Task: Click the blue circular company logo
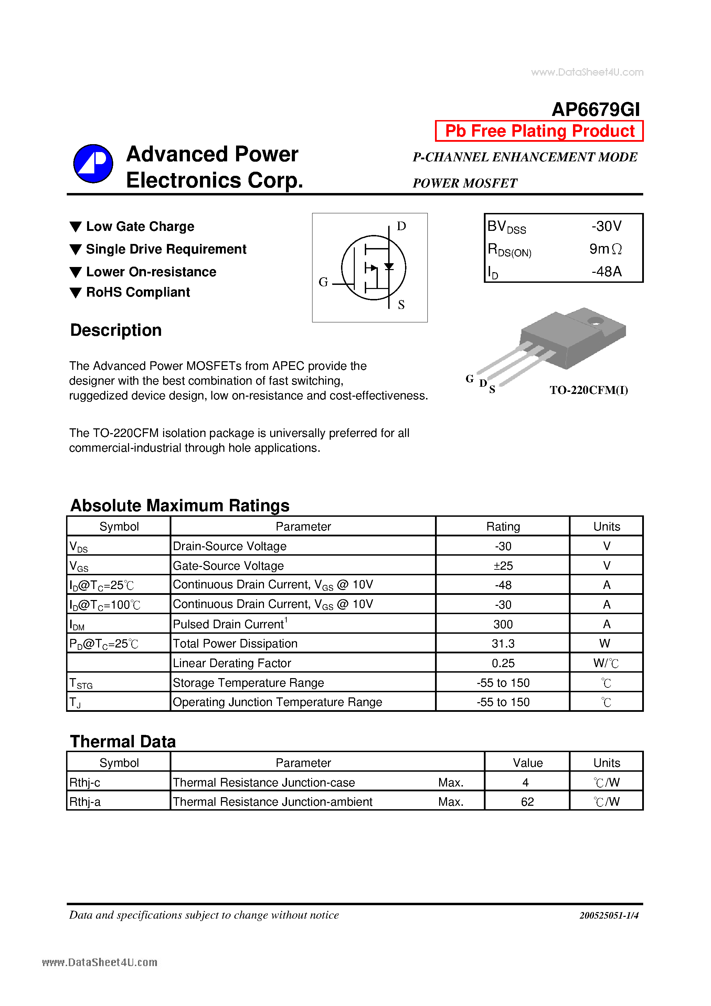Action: pos(93,163)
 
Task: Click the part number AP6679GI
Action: pos(595,109)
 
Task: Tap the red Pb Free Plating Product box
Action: pos(539,131)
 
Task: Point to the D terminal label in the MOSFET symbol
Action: pos(401,226)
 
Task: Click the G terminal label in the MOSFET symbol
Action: pos(323,282)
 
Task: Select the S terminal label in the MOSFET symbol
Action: pos(401,304)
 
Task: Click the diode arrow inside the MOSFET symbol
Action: pos(389,266)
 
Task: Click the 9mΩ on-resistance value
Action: pos(605,249)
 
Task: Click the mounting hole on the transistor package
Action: pos(595,321)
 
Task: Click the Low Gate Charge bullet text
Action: pos(140,226)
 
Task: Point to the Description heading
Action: pos(116,330)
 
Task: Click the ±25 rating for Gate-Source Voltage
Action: pos(503,566)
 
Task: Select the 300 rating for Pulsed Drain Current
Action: pos(503,624)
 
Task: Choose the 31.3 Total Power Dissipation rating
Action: pos(503,644)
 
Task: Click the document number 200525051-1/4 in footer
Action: pos(608,915)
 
